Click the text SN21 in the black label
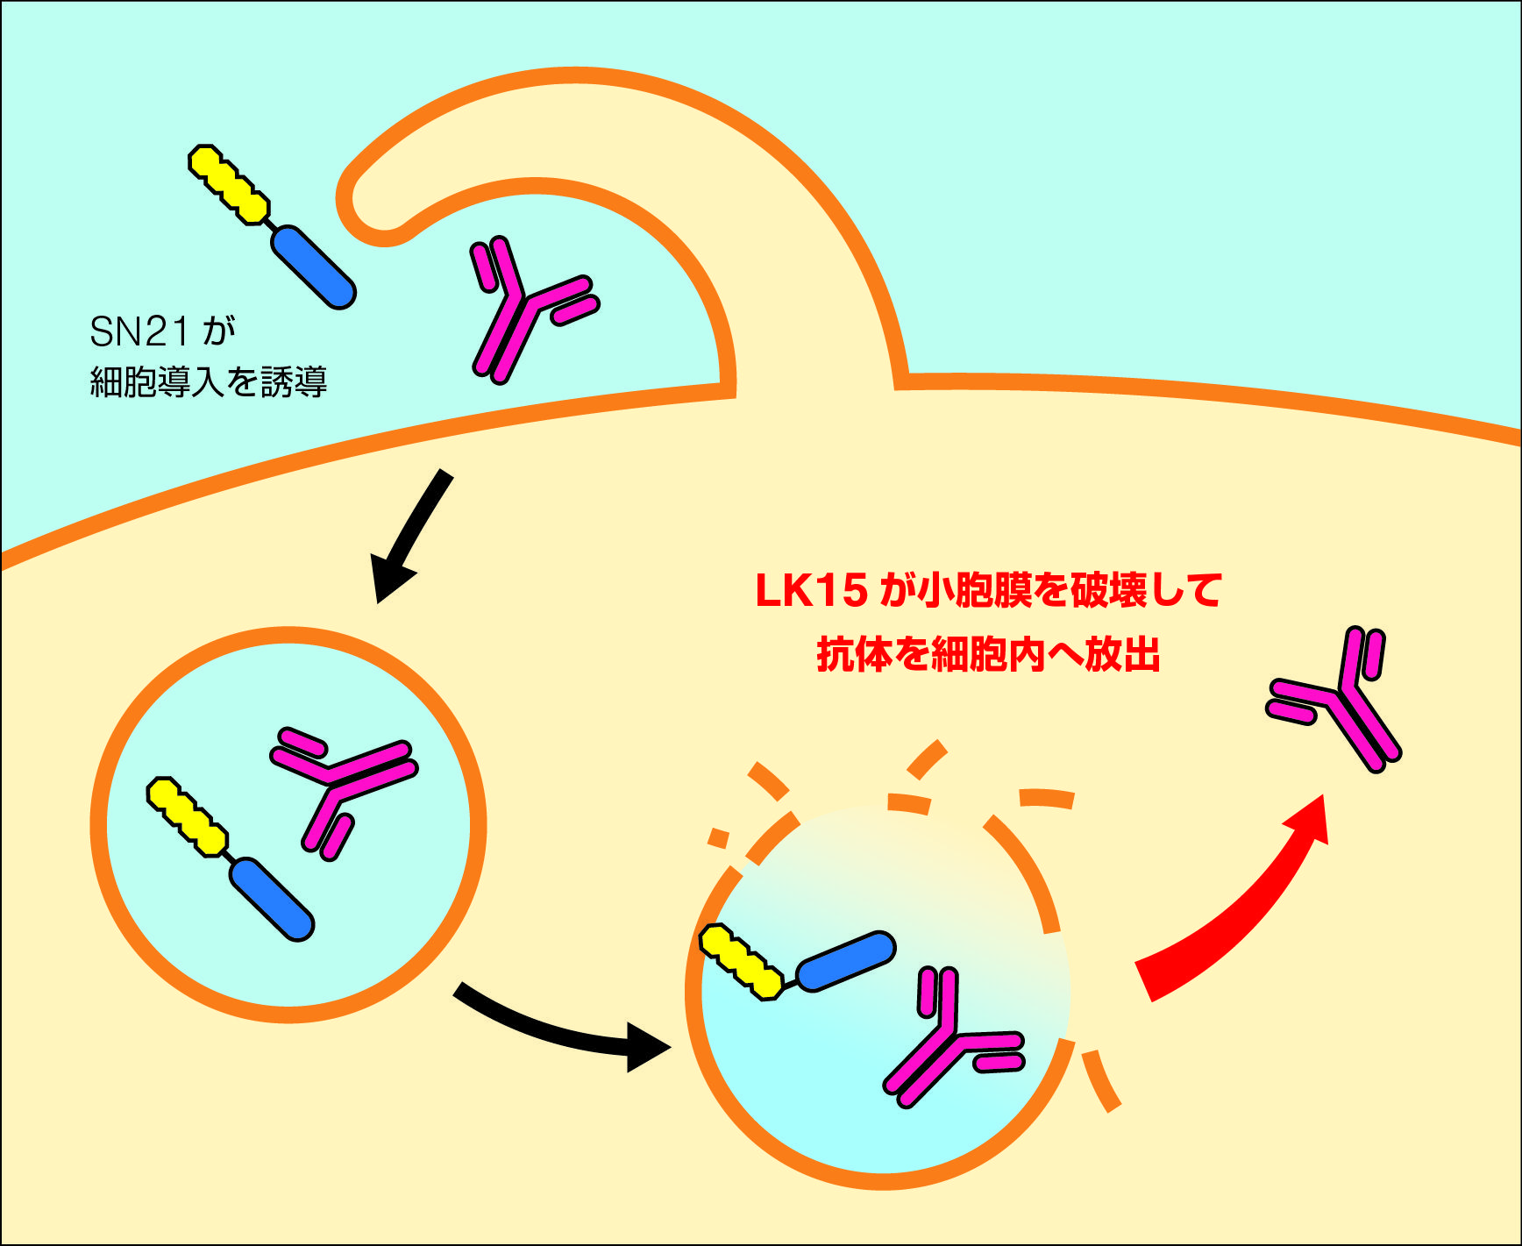pos(139,331)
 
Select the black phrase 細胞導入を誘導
pos(209,382)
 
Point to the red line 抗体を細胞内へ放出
pos(988,654)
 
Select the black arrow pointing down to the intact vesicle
pos(410,535)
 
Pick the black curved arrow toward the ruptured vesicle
pos(561,1029)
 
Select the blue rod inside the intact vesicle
pos(272,899)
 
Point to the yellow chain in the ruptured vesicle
pos(742,961)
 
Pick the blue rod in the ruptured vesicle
pos(846,961)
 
